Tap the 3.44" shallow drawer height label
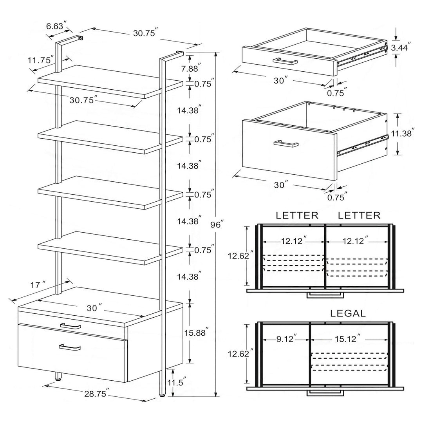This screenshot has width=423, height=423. pos(401,48)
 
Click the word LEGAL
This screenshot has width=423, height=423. pos(348,313)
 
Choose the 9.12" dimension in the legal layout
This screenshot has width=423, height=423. pos(286,338)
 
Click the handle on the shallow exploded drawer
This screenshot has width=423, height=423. pos(285,61)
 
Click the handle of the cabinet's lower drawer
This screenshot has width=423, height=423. pos(70,347)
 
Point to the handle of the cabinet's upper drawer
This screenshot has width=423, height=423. pos(71,326)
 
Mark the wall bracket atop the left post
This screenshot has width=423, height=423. pos(80,38)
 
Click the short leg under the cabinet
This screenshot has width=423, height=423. pos(58,377)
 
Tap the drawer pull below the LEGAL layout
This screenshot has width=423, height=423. pos(325,392)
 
